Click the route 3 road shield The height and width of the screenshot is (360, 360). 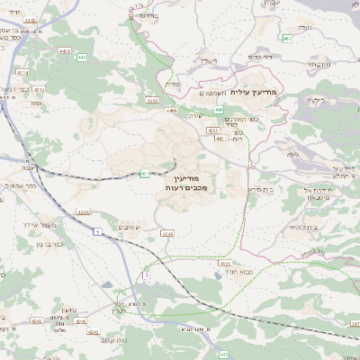[x=145, y=272]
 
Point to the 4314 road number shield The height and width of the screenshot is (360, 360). [x=145, y=174]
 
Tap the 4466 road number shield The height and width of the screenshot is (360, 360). [x=171, y=111]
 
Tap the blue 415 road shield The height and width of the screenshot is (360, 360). [x=223, y=354]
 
